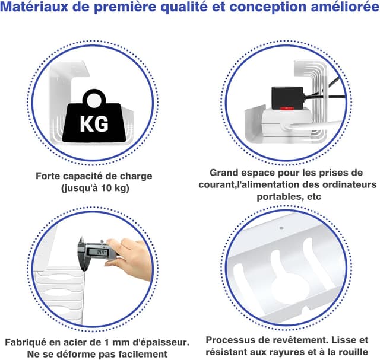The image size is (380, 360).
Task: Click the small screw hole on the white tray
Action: coord(282,228)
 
